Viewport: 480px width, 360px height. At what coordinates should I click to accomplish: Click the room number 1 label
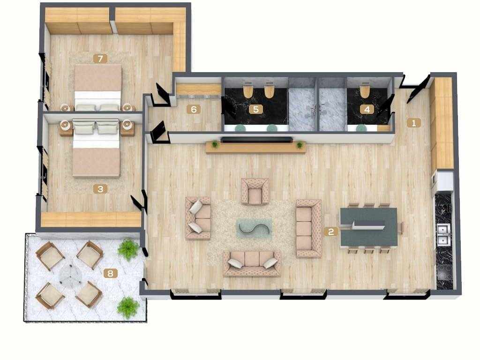(x=414, y=123)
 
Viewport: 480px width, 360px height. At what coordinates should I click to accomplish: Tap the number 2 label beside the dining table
(x=331, y=232)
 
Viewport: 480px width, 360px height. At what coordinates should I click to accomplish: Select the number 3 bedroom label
(x=100, y=189)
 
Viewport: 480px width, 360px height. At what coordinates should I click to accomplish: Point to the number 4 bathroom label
(x=367, y=109)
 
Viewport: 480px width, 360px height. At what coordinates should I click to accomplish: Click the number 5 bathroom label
(x=256, y=109)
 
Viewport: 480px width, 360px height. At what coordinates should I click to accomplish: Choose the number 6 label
(x=194, y=109)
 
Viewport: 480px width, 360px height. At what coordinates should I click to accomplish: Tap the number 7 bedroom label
(x=100, y=59)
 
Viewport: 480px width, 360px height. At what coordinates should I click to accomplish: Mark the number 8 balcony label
(x=111, y=273)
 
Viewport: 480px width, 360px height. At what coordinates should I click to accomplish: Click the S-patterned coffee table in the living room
(x=254, y=228)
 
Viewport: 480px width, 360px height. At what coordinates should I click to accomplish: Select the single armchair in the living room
(x=255, y=192)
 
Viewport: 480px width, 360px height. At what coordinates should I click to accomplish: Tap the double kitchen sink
(x=443, y=234)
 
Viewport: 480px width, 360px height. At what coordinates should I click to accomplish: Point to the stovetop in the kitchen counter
(x=444, y=272)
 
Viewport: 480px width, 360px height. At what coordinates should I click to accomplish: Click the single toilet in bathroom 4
(x=365, y=90)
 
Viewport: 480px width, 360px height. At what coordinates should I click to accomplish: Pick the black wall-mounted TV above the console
(x=256, y=140)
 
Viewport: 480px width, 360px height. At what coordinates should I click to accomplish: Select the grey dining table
(x=369, y=227)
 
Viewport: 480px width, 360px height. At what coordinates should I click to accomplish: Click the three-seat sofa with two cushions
(x=252, y=263)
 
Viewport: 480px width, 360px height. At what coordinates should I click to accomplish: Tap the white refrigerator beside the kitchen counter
(x=444, y=180)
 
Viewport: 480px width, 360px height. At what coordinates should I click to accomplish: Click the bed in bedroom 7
(x=98, y=87)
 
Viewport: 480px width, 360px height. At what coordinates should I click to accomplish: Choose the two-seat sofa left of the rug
(x=198, y=217)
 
